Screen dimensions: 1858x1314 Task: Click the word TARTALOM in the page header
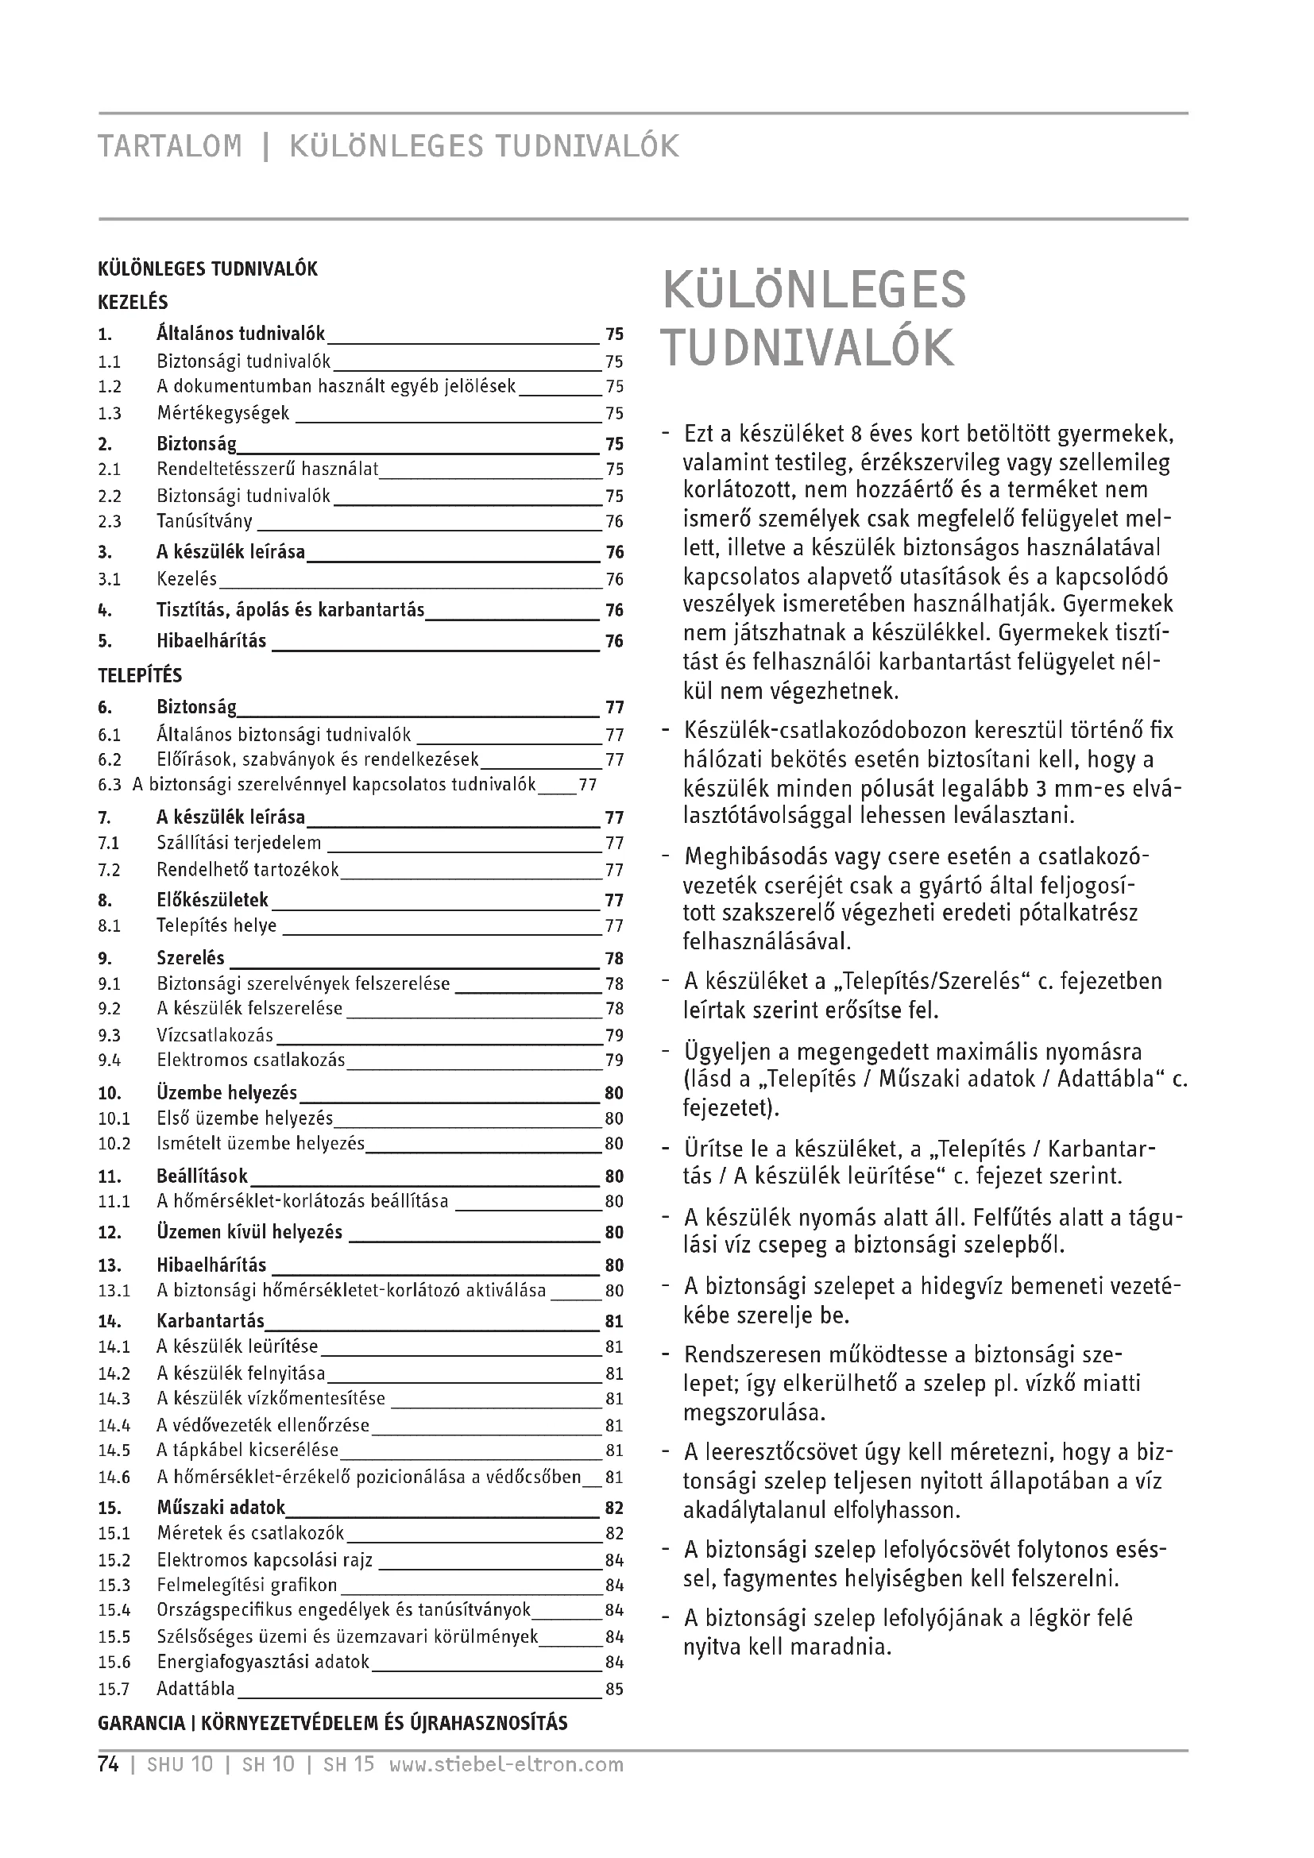(x=169, y=145)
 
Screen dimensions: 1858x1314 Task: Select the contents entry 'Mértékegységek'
(x=222, y=414)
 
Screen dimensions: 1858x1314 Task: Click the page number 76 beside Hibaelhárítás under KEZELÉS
(x=614, y=642)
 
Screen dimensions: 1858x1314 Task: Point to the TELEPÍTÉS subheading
(x=140, y=676)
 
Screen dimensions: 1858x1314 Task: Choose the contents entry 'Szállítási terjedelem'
(x=238, y=844)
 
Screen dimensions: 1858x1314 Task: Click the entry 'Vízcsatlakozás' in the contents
(x=214, y=1036)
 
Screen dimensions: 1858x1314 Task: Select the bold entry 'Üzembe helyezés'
(x=226, y=1093)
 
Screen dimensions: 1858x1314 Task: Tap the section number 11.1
(x=114, y=1202)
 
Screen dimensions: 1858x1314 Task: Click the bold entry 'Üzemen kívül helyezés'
(x=249, y=1233)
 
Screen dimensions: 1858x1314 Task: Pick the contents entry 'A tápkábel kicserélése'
(x=248, y=1450)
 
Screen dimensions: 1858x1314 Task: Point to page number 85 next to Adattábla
(x=614, y=1689)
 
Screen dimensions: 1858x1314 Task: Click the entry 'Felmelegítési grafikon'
(x=247, y=1585)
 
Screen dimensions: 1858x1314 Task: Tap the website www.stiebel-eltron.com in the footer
(x=507, y=1764)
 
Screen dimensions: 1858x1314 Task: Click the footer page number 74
(x=108, y=1764)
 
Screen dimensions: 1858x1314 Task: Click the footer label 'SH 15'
(x=349, y=1764)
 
